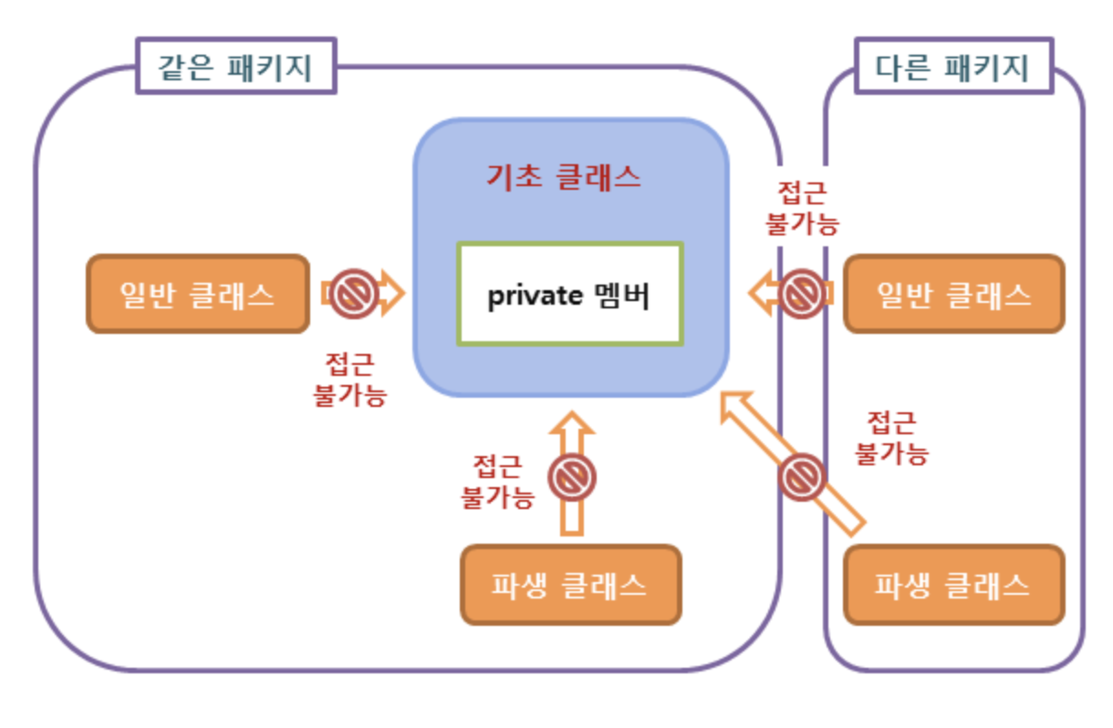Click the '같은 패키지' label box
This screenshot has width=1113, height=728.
coord(236,67)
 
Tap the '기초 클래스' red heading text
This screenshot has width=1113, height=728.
coord(563,176)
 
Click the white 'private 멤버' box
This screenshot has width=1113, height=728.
coord(570,294)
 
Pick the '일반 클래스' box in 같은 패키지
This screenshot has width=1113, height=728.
coord(198,294)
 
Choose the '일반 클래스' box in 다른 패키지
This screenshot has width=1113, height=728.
coord(953,294)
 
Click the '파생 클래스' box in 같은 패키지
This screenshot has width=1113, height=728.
coord(570,585)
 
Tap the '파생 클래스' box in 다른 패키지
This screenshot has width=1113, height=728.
coord(953,585)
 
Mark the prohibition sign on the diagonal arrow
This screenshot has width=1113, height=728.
coord(803,476)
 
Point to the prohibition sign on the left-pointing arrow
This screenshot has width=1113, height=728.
coord(803,294)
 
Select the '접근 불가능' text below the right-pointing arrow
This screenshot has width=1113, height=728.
coord(350,380)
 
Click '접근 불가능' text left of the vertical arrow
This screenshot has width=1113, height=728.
coord(497,482)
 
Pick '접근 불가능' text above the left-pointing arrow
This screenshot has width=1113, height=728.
coord(802,208)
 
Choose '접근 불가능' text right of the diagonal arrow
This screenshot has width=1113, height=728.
coord(890,438)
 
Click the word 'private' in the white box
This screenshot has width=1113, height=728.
coord(526,296)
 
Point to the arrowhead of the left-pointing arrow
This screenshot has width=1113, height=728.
coord(759,294)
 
